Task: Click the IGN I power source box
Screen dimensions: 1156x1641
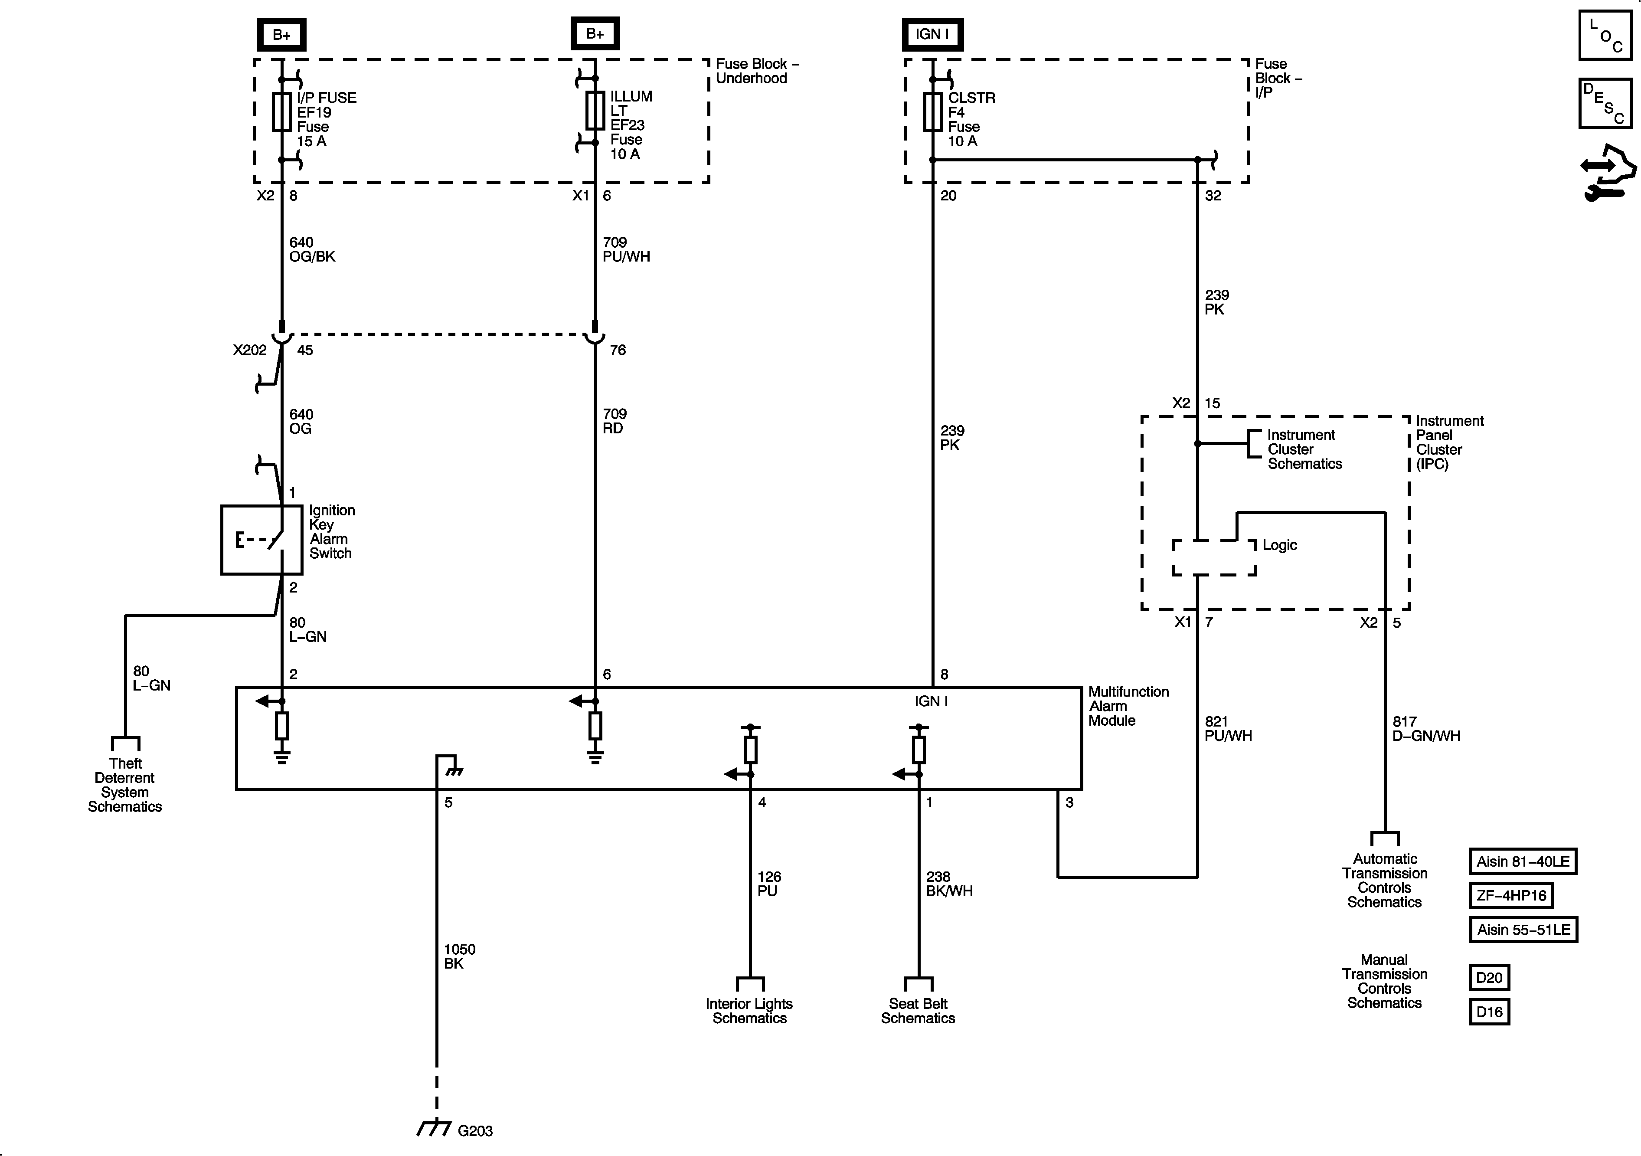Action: [932, 34]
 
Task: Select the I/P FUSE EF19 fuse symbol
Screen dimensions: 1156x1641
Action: [281, 111]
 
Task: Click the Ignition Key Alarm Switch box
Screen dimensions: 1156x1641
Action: [262, 540]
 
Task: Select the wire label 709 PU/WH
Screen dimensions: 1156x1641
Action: [626, 249]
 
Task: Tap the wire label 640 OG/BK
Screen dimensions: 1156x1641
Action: [312, 249]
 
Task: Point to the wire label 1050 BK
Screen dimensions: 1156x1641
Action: [459, 956]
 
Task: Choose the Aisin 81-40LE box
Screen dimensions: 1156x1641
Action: [1522, 861]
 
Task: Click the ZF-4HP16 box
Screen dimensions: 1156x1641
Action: [1511, 895]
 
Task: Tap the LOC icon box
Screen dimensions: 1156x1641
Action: [1605, 35]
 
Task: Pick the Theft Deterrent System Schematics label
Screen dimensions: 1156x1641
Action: [125, 785]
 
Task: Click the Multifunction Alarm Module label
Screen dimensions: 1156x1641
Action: [1128, 706]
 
